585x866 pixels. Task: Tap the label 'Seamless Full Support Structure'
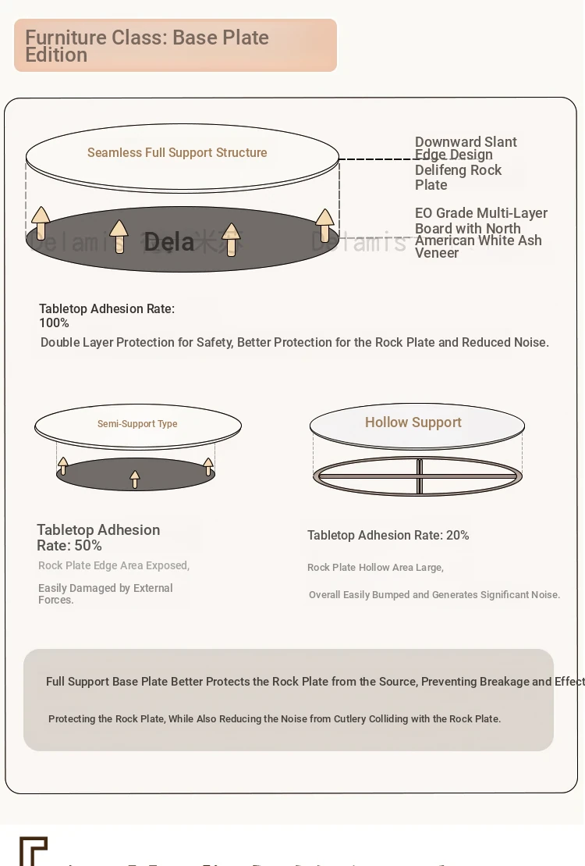(x=177, y=153)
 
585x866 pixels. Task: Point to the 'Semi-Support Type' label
(x=137, y=424)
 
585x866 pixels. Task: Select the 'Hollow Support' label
(x=413, y=422)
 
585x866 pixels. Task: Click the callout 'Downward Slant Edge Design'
(x=466, y=148)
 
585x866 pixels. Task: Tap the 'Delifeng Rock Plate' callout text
(x=459, y=177)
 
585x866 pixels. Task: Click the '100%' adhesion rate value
(x=54, y=323)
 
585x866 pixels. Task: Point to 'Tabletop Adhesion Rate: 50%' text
(x=98, y=537)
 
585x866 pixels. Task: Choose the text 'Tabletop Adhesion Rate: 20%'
(x=388, y=536)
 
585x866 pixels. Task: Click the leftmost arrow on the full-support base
(x=41, y=223)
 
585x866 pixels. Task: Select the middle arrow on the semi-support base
(x=135, y=479)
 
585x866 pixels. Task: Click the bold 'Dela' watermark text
(x=168, y=242)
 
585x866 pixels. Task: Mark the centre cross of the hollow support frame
(x=419, y=476)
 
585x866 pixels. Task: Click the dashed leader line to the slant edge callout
(x=376, y=159)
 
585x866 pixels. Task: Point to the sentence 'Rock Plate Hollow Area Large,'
(x=375, y=568)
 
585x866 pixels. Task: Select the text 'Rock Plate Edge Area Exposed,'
(x=114, y=565)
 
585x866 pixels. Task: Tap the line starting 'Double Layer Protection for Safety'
(x=295, y=343)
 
